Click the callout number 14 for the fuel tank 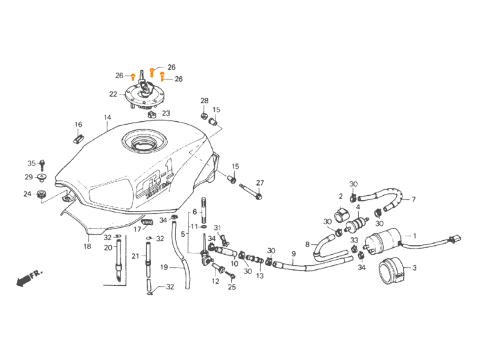106,118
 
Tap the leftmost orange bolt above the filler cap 133,75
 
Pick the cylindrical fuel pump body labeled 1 384,242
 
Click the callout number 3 414,267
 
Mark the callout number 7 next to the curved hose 414,199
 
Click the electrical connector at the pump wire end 454,240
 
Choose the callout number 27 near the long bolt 260,183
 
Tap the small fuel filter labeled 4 359,225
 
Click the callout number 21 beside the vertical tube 135,255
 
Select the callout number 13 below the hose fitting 260,276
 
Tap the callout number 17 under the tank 137,229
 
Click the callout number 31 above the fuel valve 216,228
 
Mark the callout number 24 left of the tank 27,195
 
